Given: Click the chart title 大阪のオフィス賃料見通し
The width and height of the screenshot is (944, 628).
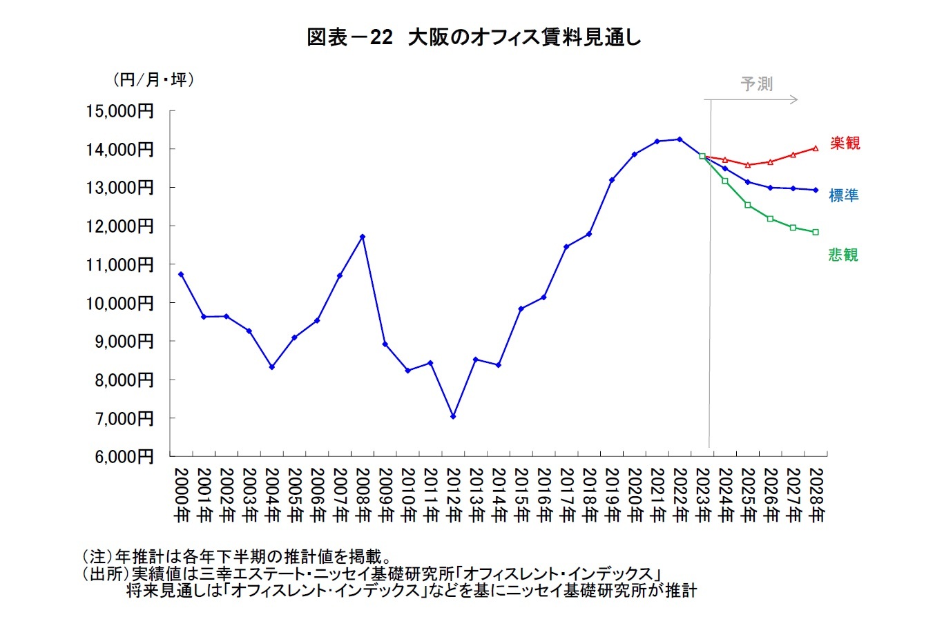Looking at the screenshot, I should [x=474, y=37].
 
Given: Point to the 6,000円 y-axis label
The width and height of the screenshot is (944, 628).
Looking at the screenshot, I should [x=124, y=456].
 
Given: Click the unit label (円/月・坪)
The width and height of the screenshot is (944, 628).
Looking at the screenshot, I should [x=153, y=80].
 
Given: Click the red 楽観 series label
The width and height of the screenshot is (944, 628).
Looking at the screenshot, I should [x=845, y=144].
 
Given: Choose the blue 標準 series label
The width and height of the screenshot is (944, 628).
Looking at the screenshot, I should [x=843, y=196].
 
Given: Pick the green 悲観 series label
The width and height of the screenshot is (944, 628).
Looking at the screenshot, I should [x=843, y=255].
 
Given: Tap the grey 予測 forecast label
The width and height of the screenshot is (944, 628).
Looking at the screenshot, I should [x=756, y=84].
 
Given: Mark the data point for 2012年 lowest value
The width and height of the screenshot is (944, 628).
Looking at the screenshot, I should [x=453, y=416].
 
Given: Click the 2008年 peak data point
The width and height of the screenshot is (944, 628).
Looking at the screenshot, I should [x=363, y=237].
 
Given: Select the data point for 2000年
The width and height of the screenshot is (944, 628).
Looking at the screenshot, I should [x=181, y=274].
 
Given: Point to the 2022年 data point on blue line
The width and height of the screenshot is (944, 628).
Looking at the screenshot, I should [x=680, y=139].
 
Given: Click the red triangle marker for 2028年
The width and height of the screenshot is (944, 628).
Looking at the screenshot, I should [x=816, y=148].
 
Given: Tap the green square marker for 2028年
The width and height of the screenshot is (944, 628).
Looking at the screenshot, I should [x=816, y=232].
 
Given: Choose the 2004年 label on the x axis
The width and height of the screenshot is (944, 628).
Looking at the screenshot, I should [x=272, y=495].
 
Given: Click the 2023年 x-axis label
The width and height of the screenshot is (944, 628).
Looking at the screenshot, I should [x=702, y=495].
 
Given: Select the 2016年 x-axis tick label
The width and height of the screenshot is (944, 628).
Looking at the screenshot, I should [x=543, y=495].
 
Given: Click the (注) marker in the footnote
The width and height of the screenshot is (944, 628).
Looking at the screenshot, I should [x=97, y=556].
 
